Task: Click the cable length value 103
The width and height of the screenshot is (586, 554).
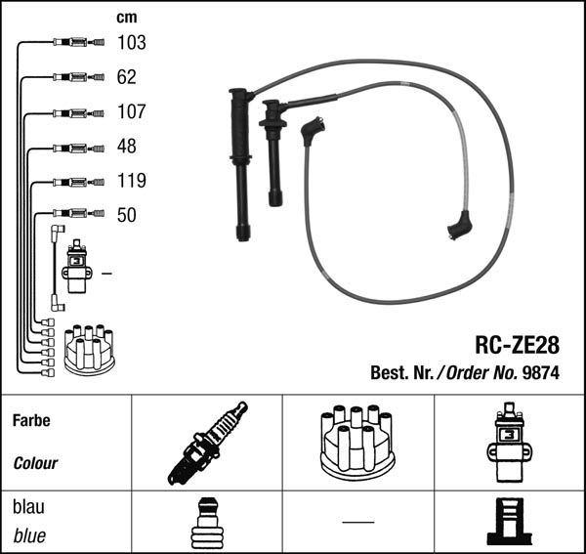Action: tap(132, 43)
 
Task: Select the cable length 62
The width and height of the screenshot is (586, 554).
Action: tap(127, 77)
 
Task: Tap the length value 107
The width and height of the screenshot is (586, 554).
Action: tap(132, 111)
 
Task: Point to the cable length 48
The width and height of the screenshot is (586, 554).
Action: tap(127, 147)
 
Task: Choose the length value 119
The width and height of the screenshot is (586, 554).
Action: tap(132, 181)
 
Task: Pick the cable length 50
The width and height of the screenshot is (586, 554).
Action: tap(127, 215)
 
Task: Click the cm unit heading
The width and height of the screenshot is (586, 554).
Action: tap(127, 18)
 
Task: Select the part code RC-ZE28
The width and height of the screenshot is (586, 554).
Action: tap(518, 345)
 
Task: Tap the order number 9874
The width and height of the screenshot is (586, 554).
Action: tap(541, 372)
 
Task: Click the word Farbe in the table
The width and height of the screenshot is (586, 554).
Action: tap(31, 420)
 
